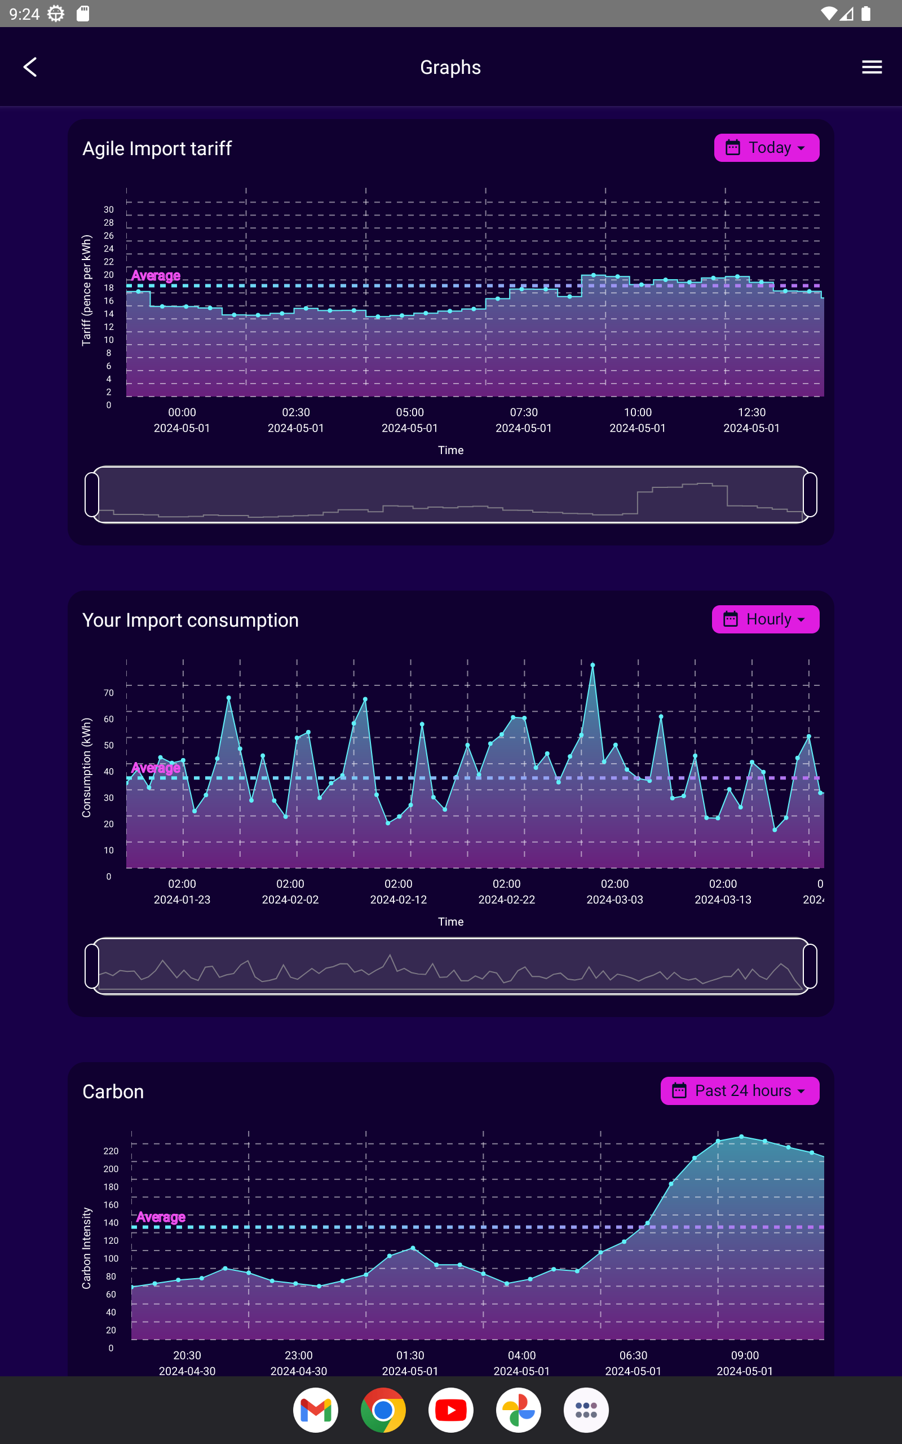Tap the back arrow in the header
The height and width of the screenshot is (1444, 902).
(x=30, y=67)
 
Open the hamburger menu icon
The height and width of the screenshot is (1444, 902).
(x=872, y=67)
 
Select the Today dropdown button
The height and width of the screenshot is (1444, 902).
(x=767, y=147)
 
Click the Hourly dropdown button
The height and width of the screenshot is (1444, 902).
(x=766, y=619)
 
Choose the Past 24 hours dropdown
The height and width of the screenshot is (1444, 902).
(x=740, y=1091)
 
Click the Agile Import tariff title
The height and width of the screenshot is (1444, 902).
(x=157, y=148)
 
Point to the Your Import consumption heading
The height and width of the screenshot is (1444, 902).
(x=191, y=620)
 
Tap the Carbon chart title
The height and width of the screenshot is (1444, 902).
(x=113, y=1091)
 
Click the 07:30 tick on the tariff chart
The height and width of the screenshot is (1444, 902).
(x=524, y=412)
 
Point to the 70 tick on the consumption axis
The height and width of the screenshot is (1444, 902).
(x=109, y=693)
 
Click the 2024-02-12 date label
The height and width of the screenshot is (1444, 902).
(x=399, y=900)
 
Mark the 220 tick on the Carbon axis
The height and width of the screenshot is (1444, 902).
(x=111, y=1151)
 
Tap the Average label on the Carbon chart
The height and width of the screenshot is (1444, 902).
(x=161, y=1217)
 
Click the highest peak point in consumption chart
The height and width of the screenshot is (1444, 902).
(x=593, y=664)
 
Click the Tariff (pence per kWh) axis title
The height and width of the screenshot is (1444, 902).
(x=86, y=290)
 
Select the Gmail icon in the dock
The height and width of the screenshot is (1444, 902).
(x=316, y=1410)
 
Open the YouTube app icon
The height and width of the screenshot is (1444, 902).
(x=451, y=1410)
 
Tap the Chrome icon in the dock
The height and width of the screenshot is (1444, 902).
(x=383, y=1410)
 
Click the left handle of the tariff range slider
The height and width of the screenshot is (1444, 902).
(x=92, y=495)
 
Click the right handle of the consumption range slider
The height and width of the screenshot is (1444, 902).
(x=810, y=966)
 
